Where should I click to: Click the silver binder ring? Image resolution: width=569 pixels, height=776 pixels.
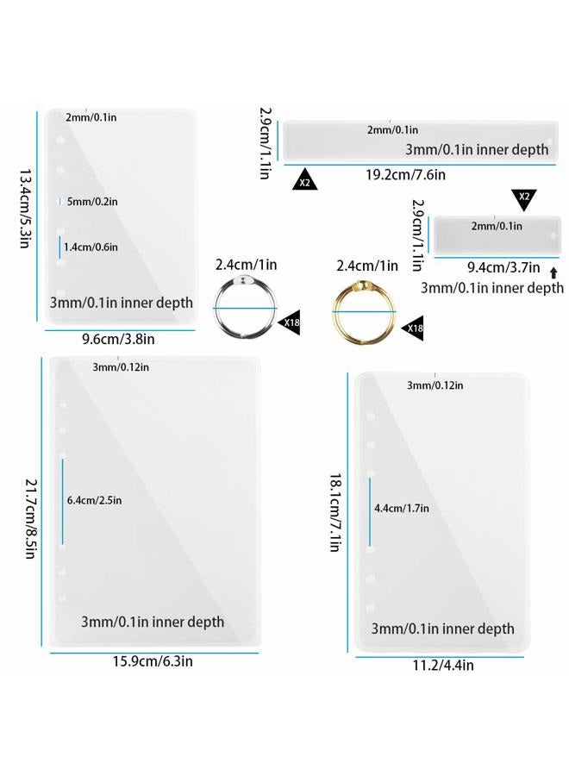pos(215,308)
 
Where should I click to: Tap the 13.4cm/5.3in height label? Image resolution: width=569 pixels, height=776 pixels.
pos(26,208)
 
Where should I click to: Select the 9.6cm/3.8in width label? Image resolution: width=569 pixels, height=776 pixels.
pos(118,339)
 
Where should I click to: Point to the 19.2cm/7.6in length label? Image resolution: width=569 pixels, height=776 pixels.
pos(405,175)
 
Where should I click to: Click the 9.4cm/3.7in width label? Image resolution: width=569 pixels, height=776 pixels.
pos(503,268)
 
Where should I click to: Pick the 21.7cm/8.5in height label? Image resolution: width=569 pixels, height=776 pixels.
pos(31,519)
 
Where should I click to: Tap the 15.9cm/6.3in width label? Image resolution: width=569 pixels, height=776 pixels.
pos(153,661)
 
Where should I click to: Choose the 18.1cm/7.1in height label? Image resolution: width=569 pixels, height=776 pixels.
pos(335,512)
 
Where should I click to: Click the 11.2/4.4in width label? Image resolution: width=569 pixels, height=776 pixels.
pos(443,665)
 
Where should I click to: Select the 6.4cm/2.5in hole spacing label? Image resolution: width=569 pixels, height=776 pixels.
pos(95,500)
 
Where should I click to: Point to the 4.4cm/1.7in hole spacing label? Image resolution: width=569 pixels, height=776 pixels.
pos(402,508)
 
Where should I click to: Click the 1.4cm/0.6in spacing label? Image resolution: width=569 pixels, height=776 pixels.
pos(91,247)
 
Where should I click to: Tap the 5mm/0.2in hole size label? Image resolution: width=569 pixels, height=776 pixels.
pos(92,202)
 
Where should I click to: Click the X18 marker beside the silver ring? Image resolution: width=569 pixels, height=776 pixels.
pos(291,322)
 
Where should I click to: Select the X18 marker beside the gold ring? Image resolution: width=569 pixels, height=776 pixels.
pos(414,329)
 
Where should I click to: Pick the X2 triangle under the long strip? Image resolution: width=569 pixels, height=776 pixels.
pos(305,181)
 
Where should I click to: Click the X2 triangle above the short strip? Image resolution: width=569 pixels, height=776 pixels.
pos(524,197)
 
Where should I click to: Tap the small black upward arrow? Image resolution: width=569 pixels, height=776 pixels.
pos(553,272)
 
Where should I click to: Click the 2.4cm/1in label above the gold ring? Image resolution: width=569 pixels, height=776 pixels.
pos(367,266)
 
